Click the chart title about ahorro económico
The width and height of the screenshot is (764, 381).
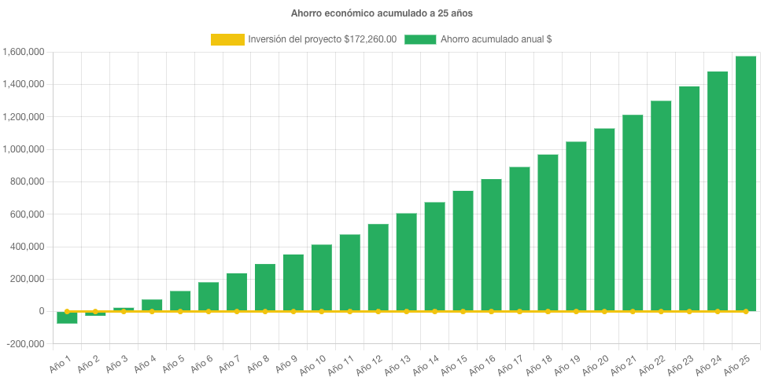click(x=382, y=13)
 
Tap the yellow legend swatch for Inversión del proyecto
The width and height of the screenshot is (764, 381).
click(x=227, y=39)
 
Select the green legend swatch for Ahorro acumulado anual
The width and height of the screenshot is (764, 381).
click(x=420, y=39)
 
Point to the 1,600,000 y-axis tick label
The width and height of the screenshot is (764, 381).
click(x=23, y=52)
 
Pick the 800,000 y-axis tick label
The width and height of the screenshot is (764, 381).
click(x=26, y=181)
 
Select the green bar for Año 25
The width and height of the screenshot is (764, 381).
click(x=745, y=184)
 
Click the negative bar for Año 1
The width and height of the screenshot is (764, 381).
click(x=67, y=317)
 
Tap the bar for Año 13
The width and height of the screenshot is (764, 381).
click(x=406, y=262)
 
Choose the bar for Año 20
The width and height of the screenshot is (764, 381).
click(x=604, y=220)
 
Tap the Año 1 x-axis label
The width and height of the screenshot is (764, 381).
click(x=61, y=362)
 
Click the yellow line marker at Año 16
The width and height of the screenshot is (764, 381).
click(x=491, y=311)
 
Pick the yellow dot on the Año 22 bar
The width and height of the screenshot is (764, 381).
click(x=661, y=311)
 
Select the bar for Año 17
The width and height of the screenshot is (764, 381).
click(x=519, y=239)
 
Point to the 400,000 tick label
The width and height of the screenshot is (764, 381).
click(x=26, y=247)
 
